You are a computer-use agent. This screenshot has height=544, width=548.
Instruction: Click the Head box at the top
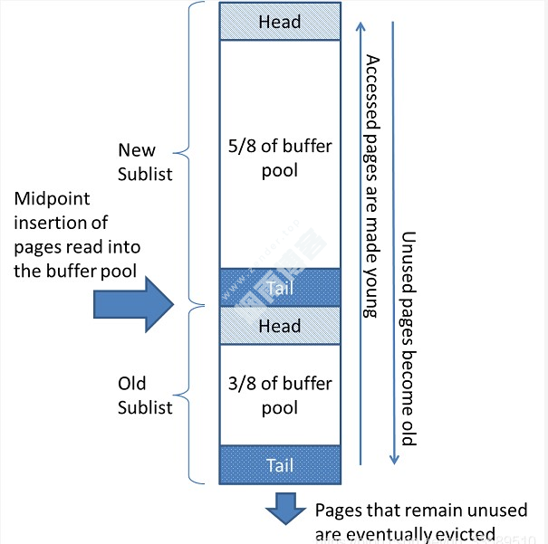(279, 22)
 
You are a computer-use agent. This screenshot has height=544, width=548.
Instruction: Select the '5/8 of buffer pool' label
(279, 159)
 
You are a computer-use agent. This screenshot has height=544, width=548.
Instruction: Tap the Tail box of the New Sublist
(279, 288)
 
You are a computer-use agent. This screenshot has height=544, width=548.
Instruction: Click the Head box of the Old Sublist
(279, 326)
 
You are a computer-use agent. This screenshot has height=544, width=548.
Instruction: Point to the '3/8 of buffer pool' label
(279, 395)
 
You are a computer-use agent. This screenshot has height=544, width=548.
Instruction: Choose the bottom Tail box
(279, 464)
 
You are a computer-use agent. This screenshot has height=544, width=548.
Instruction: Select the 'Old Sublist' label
(145, 396)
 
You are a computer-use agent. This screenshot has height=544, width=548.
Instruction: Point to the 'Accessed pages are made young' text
(370, 186)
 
